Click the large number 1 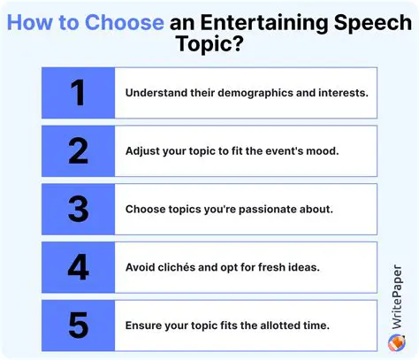click(78, 92)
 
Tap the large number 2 click(78, 150)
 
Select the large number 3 click(78, 209)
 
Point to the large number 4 click(78, 267)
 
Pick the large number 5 click(78, 326)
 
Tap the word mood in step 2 click(320, 150)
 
